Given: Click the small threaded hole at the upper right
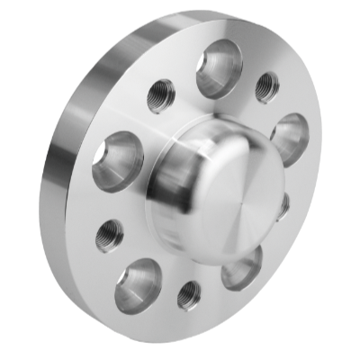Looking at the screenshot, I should click(267, 87).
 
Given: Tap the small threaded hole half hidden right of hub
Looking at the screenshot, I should click(284, 206).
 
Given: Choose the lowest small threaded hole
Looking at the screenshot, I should click(190, 294).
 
